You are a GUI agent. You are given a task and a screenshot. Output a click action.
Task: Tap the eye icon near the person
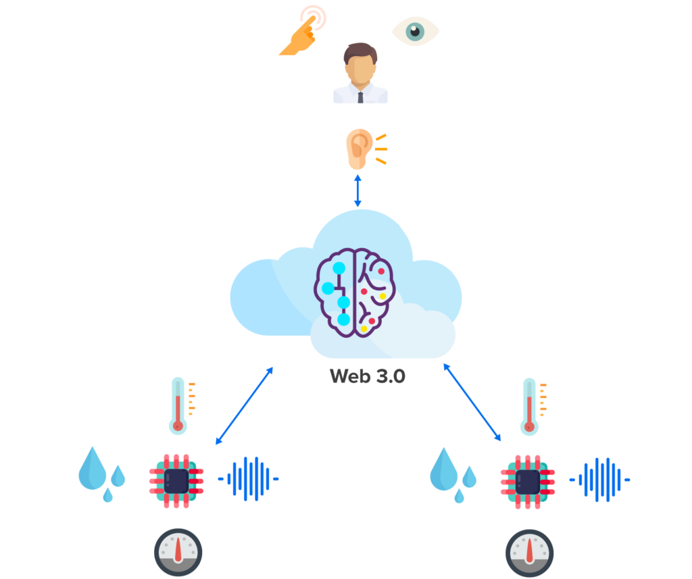pyautogui.click(x=416, y=31)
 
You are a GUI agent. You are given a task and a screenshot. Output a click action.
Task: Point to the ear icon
pyautogui.click(x=358, y=149)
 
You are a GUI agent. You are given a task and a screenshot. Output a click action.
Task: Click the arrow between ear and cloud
pyautogui.click(x=357, y=190)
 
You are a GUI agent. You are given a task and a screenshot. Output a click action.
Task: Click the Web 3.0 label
pyautogui.click(x=367, y=376)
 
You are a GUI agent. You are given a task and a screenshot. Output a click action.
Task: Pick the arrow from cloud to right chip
pyautogui.click(x=472, y=402)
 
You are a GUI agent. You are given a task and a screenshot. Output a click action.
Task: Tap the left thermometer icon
pyautogui.click(x=178, y=405)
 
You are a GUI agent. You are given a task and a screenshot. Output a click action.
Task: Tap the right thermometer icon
pyautogui.click(x=529, y=406)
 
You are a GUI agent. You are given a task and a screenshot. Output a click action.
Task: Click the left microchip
pyautogui.click(x=176, y=480)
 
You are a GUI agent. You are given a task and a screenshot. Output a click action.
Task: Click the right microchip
pyautogui.click(x=528, y=481)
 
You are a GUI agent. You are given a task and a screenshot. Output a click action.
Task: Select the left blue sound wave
pyautogui.click(x=249, y=479)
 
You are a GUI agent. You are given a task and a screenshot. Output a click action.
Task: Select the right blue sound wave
pyautogui.click(x=600, y=480)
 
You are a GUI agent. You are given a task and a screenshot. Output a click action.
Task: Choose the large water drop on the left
pyautogui.click(x=93, y=468)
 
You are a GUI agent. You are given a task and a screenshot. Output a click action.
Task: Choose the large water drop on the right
pyautogui.click(x=444, y=468)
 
